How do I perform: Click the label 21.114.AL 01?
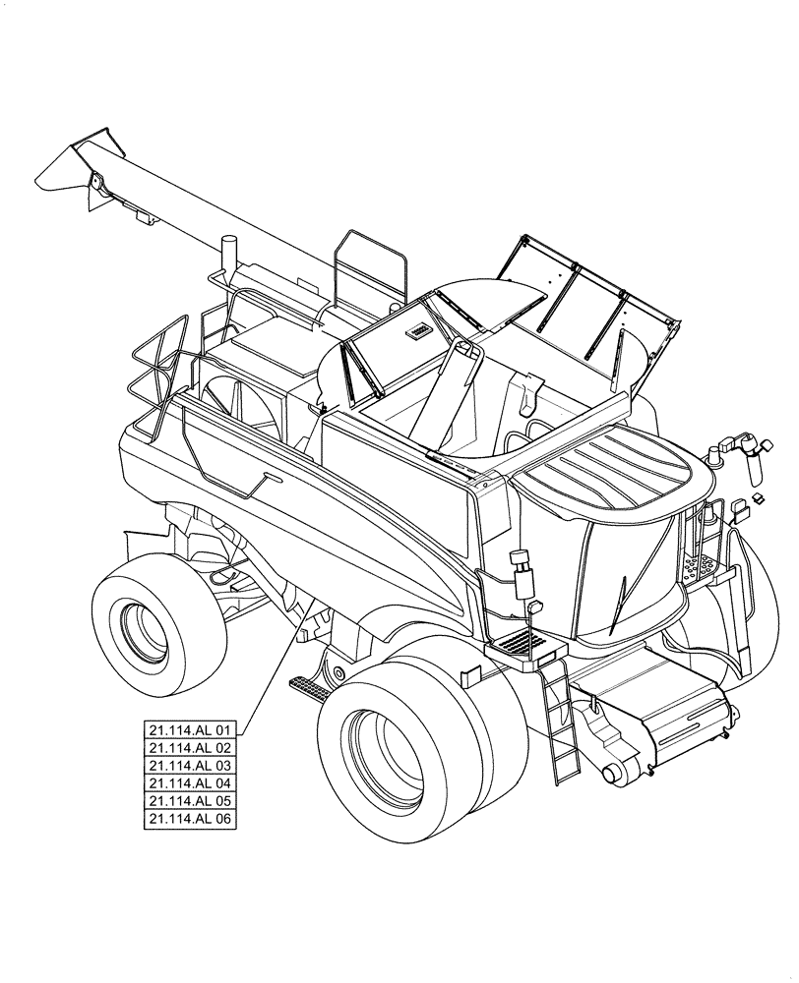[190, 729]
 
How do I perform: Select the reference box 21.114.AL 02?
[190, 747]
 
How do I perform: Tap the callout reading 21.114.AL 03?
[190, 765]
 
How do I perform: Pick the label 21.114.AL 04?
[190, 782]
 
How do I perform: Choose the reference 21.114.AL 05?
[190, 800]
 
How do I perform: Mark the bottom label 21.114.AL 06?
[190, 818]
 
